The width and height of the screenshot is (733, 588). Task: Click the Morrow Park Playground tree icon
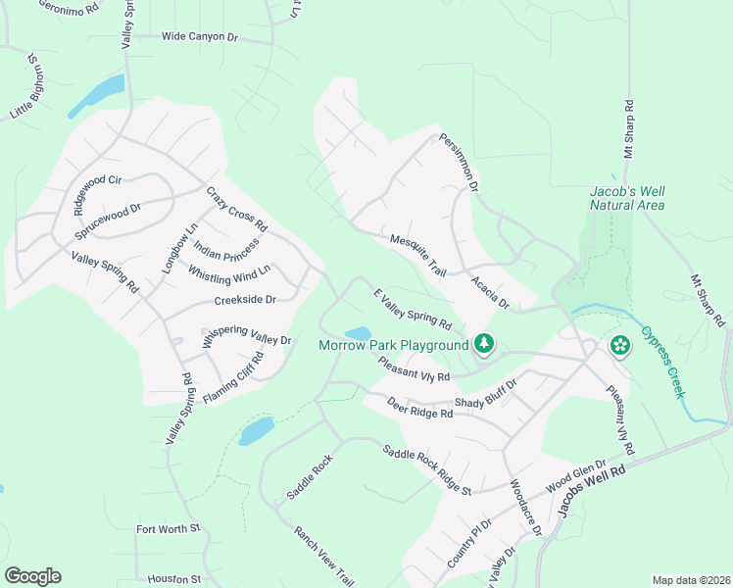[482, 344]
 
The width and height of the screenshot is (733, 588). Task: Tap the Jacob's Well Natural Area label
[627, 198]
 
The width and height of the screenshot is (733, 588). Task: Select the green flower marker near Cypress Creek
[619, 345]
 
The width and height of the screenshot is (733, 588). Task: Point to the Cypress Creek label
[662, 361]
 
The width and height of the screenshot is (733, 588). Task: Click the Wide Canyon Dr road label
[200, 37]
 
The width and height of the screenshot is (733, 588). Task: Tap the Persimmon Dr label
[459, 162]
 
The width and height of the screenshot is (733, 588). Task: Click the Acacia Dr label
[490, 292]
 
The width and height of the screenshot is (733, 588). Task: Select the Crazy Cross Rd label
[236, 210]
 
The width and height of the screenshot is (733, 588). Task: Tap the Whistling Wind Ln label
[228, 275]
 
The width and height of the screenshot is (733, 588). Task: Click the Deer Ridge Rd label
[419, 408]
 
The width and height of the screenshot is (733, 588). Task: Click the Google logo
[32, 576]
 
